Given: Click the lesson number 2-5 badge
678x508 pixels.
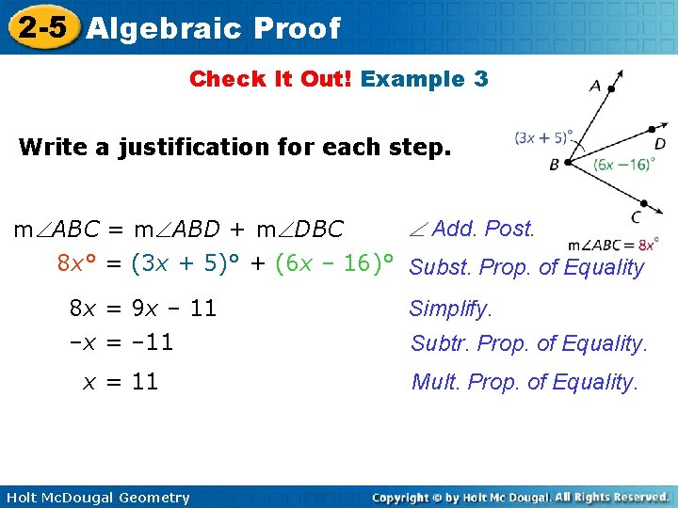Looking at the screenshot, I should pyautogui.click(x=42, y=27).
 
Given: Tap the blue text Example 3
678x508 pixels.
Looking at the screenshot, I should pyautogui.click(x=424, y=79).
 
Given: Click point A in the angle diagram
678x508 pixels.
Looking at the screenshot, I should pyautogui.click(x=595, y=86).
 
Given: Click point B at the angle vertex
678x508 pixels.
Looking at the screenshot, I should pyautogui.click(x=555, y=165).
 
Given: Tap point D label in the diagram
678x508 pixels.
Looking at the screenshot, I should pyautogui.click(x=660, y=144).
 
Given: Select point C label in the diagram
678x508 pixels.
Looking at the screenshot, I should pyautogui.click(x=637, y=218).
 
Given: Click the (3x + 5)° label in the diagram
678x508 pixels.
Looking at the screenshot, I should pyautogui.click(x=543, y=137).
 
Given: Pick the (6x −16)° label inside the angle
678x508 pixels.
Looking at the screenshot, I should pyautogui.click(x=624, y=164).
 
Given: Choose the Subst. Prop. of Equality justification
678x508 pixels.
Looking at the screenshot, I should pyautogui.click(x=526, y=268).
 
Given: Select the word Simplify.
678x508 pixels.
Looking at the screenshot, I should pyautogui.click(x=450, y=309).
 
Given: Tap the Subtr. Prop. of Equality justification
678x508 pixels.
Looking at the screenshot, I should pyautogui.click(x=528, y=343).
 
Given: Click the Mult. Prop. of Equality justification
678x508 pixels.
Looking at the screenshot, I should pyautogui.click(x=525, y=382).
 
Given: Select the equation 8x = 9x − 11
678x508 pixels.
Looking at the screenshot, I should pyautogui.click(x=143, y=309).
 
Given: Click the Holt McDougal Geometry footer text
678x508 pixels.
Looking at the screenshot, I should pyautogui.click(x=96, y=498).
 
